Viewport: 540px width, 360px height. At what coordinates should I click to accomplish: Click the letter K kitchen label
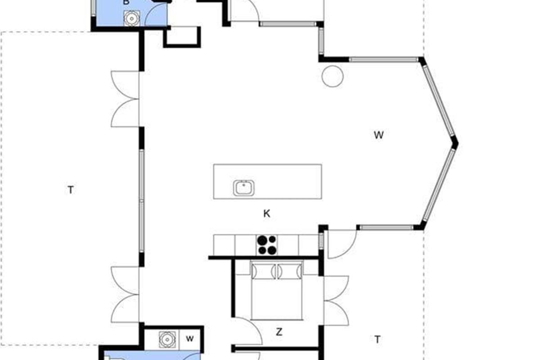pos(266,214)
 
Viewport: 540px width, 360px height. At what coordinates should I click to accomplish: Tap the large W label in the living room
pos(379,135)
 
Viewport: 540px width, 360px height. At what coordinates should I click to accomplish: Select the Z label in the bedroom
pos(279,332)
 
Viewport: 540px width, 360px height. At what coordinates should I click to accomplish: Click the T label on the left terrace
pos(70,190)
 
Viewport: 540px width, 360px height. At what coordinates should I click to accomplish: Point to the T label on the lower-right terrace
pos(377,339)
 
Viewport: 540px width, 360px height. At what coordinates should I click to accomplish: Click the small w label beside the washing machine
pos(190,339)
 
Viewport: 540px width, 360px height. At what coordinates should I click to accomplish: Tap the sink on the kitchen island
pos(244,188)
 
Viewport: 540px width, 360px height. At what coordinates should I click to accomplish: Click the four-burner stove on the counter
pos(266,245)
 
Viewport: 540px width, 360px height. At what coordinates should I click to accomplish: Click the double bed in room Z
pos(277,290)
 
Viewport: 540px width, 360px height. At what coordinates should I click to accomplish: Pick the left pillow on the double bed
pos(264,271)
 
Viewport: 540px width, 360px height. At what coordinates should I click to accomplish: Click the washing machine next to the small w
pos(167,340)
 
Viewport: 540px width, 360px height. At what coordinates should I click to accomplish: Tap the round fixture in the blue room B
pos(131,18)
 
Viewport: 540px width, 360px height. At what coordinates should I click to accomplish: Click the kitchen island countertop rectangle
pos(268,181)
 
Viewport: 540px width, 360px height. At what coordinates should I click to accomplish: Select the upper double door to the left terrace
pos(125,99)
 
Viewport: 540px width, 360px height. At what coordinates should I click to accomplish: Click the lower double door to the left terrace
pos(125,294)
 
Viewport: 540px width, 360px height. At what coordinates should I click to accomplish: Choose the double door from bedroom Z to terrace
pos(336,301)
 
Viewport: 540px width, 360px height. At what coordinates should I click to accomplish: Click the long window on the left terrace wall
pos(141,201)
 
